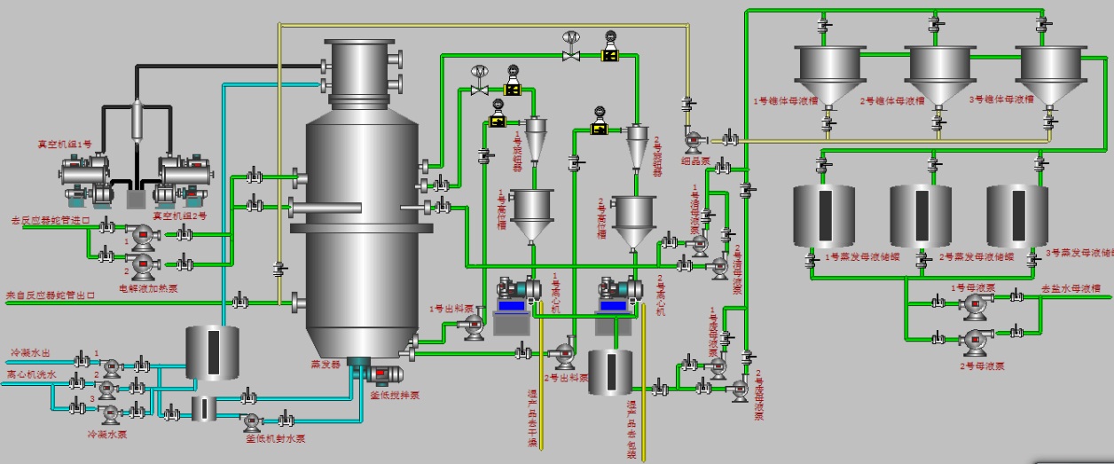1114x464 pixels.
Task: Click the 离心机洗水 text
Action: coord(32,375)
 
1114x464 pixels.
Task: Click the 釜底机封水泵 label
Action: coord(276,437)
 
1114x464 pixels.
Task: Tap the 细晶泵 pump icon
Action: coord(694,139)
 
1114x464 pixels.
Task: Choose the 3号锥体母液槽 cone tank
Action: coord(1048,72)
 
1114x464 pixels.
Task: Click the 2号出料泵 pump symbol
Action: coord(564,356)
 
